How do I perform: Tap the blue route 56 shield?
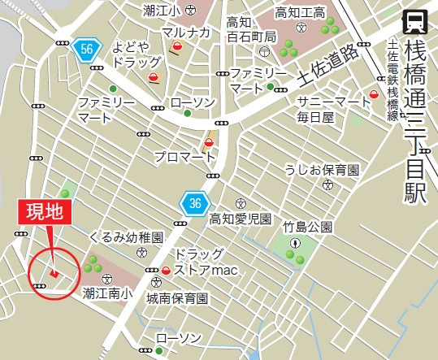[x=86, y=50]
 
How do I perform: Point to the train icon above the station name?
[x=416, y=20]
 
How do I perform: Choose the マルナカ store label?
[x=185, y=33]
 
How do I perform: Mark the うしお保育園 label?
[x=321, y=170]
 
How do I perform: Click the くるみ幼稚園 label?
[x=128, y=236]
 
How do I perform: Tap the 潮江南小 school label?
[x=106, y=296]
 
